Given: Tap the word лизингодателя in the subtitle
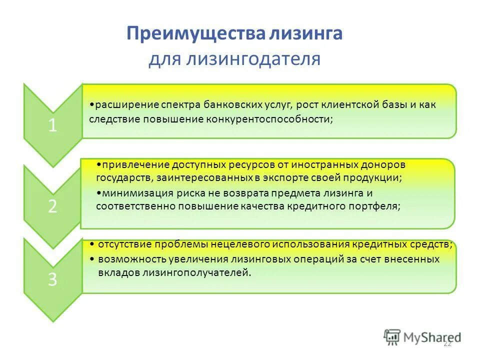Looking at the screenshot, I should (x=253, y=59).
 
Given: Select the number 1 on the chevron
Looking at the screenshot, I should (x=52, y=125).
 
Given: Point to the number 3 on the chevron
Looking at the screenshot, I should (x=52, y=279).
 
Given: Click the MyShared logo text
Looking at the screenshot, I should (x=430, y=337).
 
